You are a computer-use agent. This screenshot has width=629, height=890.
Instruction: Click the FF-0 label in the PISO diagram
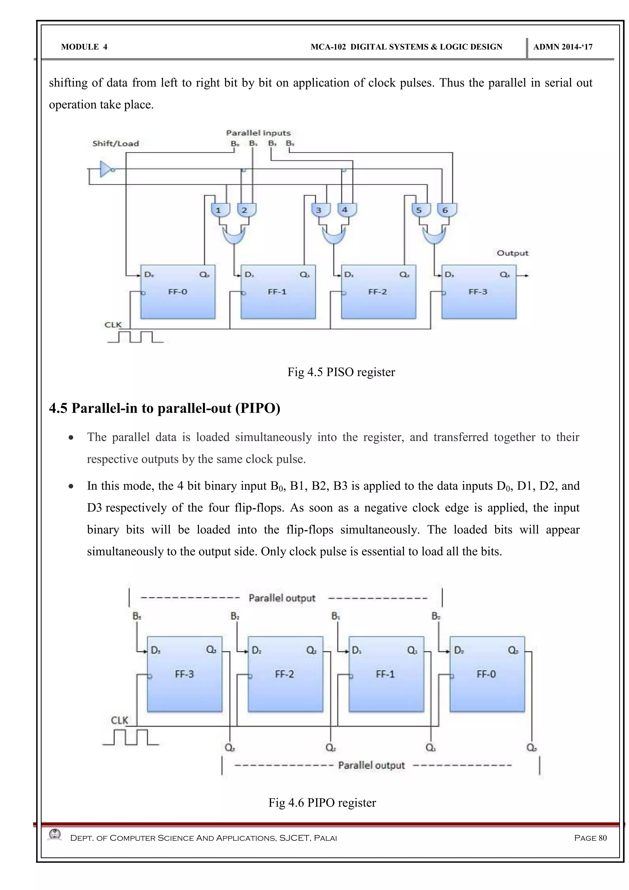tap(178, 292)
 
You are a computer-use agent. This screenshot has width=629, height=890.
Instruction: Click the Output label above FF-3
tap(512, 253)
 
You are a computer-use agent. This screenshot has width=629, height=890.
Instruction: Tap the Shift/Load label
tap(115, 144)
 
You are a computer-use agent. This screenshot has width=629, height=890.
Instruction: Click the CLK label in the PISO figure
tap(113, 325)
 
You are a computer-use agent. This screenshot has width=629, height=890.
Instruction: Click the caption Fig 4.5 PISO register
tap(341, 372)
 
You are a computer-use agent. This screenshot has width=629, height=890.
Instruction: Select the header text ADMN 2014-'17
tap(562, 47)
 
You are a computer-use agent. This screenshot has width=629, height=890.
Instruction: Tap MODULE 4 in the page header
tap(84, 47)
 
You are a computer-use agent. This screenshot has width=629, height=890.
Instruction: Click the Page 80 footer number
tap(590, 838)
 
